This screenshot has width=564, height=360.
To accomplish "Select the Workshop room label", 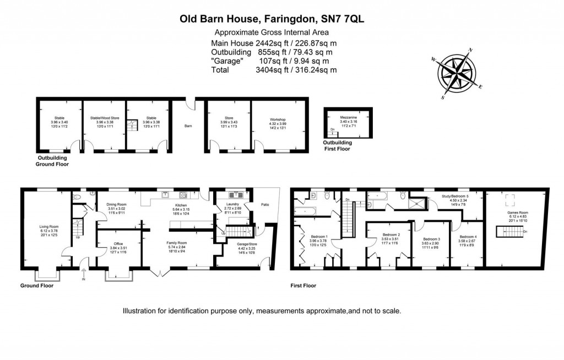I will point(278,119).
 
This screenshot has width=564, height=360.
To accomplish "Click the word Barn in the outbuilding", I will point(188,126).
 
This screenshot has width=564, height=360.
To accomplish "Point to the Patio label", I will point(266,206).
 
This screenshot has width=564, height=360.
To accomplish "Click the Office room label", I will point(118,243).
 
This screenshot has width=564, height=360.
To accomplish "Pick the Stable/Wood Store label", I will point(105,118).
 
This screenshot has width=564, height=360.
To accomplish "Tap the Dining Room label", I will point(116,205).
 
